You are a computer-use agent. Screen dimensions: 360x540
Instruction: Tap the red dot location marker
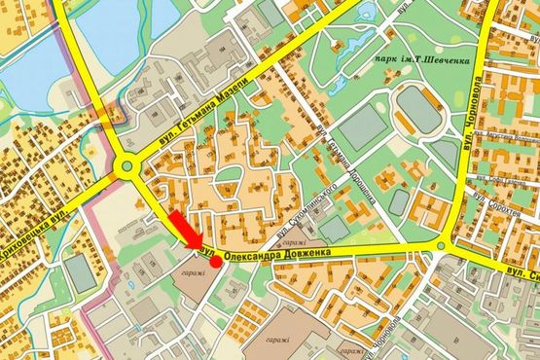[215, 261]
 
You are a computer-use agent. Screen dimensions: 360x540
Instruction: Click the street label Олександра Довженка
[277, 253]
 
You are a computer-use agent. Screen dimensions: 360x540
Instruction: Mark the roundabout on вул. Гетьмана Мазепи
[126, 166]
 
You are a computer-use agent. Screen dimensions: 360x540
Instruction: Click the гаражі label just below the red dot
[192, 273]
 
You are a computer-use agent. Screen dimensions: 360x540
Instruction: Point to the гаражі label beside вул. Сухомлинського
[299, 242]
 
